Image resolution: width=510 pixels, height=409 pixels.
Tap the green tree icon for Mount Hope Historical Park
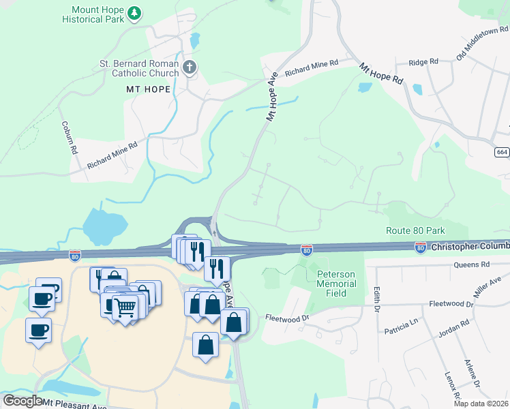click(x=135, y=12)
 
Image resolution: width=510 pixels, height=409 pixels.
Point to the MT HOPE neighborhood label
click(x=147, y=89)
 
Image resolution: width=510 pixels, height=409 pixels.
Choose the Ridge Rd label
click(x=423, y=62)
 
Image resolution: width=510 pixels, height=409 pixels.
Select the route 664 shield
click(x=501, y=152)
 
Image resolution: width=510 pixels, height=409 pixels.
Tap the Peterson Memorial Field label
click(x=336, y=284)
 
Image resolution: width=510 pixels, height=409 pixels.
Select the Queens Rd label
click(x=476, y=264)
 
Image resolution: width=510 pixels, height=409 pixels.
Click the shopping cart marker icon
click(x=125, y=308)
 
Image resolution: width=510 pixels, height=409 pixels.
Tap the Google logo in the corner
click(x=22, y=401)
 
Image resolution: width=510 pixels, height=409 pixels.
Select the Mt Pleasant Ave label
click(x=75, y=404)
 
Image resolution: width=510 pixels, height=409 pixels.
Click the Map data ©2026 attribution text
click(x=481, y=404)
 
